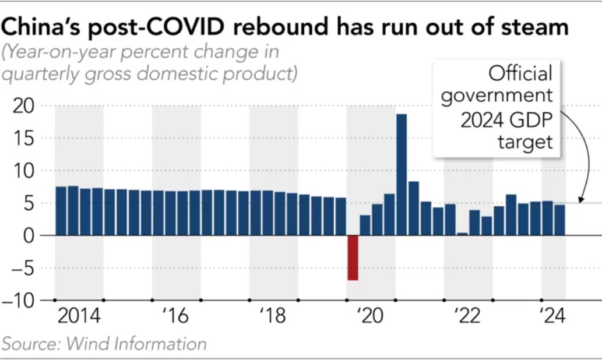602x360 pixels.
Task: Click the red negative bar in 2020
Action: coord(353,257)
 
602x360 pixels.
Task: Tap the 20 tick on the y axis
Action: coord(24,106)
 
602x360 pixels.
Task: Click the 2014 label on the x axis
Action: coord(79,317)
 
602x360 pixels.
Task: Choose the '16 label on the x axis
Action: coord(177,317)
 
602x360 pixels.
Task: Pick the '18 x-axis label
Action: coord(273,317)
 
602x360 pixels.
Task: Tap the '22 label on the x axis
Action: coord(468,317)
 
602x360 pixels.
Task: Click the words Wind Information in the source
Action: coord(136,344)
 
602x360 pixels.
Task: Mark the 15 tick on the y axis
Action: coord(24,139)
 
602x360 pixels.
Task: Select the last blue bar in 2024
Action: coord(559,220)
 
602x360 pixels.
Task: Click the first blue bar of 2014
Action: coord(61,211)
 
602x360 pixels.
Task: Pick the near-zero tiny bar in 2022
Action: coord(462,234)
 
